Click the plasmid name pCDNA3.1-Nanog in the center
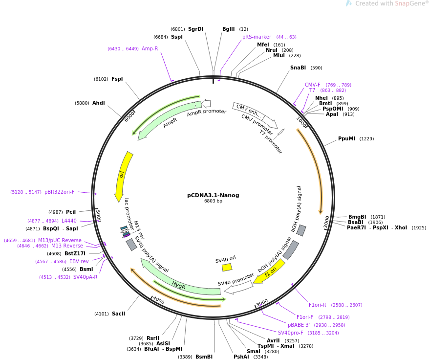(x=213, y=195)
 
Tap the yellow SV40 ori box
(x=227, y=267)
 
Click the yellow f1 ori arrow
(x=270, y=272)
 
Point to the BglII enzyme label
(x=229, y=29)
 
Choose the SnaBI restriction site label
(x=298, y=67)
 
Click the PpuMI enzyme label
(x=346, y=138)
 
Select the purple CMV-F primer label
(x=312, y=85)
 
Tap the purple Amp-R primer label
(x=150, y=49)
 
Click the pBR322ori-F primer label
(x=60, y=192)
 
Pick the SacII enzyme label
(x=118, y=314)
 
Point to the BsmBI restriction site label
(x=204, y=357)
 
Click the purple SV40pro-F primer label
(x=291, y=333)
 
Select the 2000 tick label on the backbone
(x=327, y=222)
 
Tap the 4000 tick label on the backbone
(x=158, y=300)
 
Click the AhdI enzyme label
(x=99, y=103)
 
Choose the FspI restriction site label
(x=117, y=79)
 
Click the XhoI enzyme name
(x=401, y=227)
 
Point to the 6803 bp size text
(x=213, y=201)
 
